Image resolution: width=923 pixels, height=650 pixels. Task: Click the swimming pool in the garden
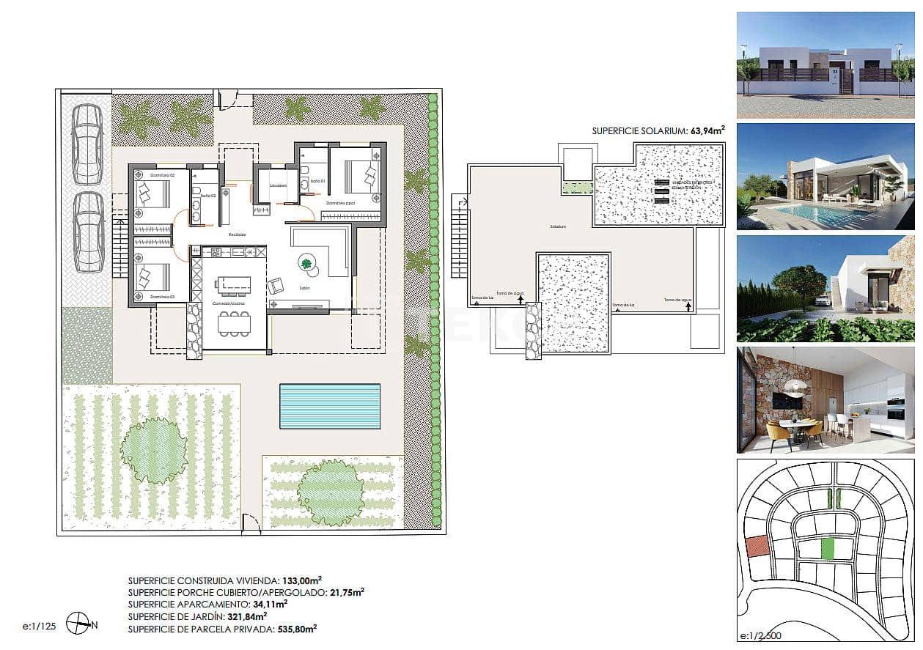330,406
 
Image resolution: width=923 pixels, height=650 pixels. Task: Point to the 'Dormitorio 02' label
163,176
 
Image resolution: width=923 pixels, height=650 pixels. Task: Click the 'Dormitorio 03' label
162,297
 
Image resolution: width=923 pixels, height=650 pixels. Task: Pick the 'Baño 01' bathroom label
317,180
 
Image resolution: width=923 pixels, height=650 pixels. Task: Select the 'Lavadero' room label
278,186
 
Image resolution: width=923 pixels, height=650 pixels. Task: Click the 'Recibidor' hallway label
236,234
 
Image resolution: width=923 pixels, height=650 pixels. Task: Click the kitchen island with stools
232,284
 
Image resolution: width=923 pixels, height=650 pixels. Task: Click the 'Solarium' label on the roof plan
558,226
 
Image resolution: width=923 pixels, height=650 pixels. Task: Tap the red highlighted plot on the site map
756,546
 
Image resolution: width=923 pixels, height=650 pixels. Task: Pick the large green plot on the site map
828,549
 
